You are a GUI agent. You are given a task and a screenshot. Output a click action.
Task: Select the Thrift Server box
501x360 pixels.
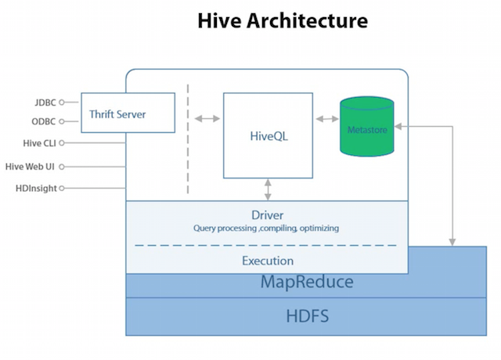click(117, 113)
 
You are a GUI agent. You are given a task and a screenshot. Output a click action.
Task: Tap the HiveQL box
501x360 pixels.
click(269, 135)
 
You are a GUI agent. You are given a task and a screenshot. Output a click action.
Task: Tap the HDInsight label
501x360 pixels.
click(35, 188)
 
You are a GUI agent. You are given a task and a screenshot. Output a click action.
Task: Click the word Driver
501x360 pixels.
click(268, 214)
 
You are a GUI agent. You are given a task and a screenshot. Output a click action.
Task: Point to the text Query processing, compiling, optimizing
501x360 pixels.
click(266, 229)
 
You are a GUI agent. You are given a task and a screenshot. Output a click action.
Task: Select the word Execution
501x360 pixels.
click(268, 261)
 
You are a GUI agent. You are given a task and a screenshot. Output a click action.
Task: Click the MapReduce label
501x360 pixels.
click(307, 283)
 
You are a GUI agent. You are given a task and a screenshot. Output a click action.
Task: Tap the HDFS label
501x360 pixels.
click(307, 316)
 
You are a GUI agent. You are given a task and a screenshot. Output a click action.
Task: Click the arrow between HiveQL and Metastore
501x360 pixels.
click(326, 119)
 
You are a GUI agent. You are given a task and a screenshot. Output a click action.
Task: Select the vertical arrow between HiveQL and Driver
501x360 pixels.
click(269, 189)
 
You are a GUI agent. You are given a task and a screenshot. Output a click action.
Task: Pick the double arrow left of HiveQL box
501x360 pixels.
click(207, 119)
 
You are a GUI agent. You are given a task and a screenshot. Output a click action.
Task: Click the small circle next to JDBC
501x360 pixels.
click(62, 101)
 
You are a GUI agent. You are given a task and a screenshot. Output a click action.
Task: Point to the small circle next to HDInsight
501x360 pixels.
click(62, 188)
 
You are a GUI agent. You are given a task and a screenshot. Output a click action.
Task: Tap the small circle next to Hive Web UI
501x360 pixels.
click(62, 166)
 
